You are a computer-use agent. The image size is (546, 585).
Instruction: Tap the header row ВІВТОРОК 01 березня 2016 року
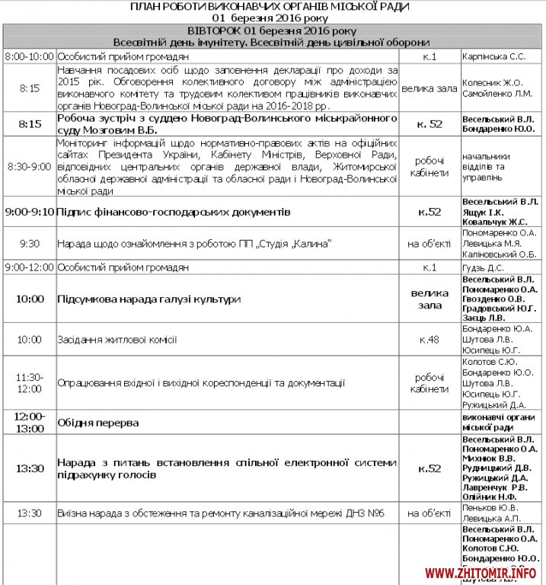(x=273, y=30)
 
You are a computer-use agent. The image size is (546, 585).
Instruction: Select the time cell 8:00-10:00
(x=29, y=56)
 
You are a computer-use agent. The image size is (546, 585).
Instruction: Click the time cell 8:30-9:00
(x=29, y=166)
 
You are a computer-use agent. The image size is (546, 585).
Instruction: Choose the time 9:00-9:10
(x=29, y=211)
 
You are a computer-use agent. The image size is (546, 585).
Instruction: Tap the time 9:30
(x=29, y=244)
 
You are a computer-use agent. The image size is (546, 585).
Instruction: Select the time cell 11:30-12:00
(x=29, y=383)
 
